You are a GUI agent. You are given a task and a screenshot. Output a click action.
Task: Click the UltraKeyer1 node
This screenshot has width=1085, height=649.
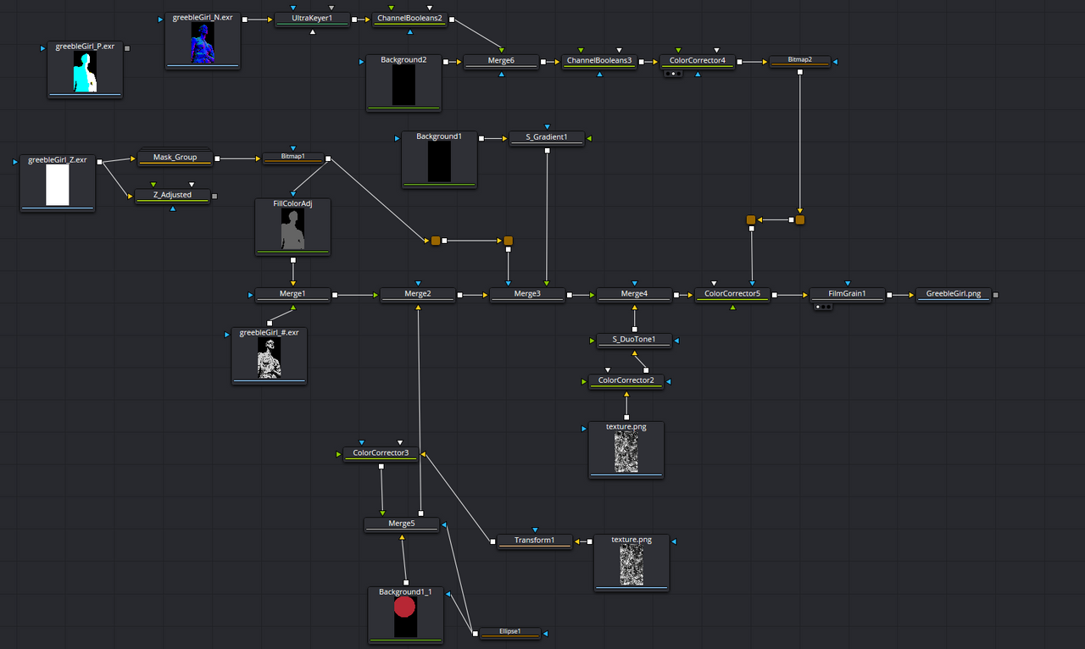[313, 18]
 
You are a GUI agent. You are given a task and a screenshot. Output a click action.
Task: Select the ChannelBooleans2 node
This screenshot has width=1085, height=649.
[409, 18]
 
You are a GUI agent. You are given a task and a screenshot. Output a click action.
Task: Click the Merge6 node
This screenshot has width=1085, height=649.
[501, 61]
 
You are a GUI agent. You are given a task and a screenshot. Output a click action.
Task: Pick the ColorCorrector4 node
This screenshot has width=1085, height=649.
[697, 61]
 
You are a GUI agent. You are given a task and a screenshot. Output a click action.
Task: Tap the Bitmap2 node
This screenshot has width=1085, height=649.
[799, 61]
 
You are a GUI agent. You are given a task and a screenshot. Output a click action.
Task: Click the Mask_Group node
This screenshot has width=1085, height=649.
[175, 158]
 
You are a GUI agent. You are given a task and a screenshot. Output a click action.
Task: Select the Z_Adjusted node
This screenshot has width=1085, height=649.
[172, 196]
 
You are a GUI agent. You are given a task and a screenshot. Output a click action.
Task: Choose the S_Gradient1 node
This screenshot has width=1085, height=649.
[547, 137]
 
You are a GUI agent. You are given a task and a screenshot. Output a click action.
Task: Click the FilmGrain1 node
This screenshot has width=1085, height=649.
[847, 294]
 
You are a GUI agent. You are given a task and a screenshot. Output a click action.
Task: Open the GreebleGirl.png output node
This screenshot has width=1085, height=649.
[953, 294]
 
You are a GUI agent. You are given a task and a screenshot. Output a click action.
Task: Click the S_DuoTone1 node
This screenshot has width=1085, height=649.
[634, 340]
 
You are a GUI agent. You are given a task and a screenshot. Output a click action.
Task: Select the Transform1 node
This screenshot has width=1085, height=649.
[534, 541]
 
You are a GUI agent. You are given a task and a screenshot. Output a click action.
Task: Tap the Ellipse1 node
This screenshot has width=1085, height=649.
[509, 632]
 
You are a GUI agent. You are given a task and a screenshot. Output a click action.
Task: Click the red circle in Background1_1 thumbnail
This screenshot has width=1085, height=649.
[405, 607]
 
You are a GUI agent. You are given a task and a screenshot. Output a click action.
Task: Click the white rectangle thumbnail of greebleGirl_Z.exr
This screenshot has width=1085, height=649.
[57, 185]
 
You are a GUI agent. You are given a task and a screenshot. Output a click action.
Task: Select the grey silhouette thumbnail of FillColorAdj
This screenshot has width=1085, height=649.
[292, 230]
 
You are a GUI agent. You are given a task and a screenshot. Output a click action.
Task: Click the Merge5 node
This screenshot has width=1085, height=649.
[402, 524]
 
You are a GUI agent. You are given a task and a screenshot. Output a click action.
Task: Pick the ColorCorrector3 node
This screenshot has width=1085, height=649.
[381, 453]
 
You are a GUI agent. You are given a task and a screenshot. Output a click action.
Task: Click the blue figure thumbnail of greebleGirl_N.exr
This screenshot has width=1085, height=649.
[203, 43]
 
